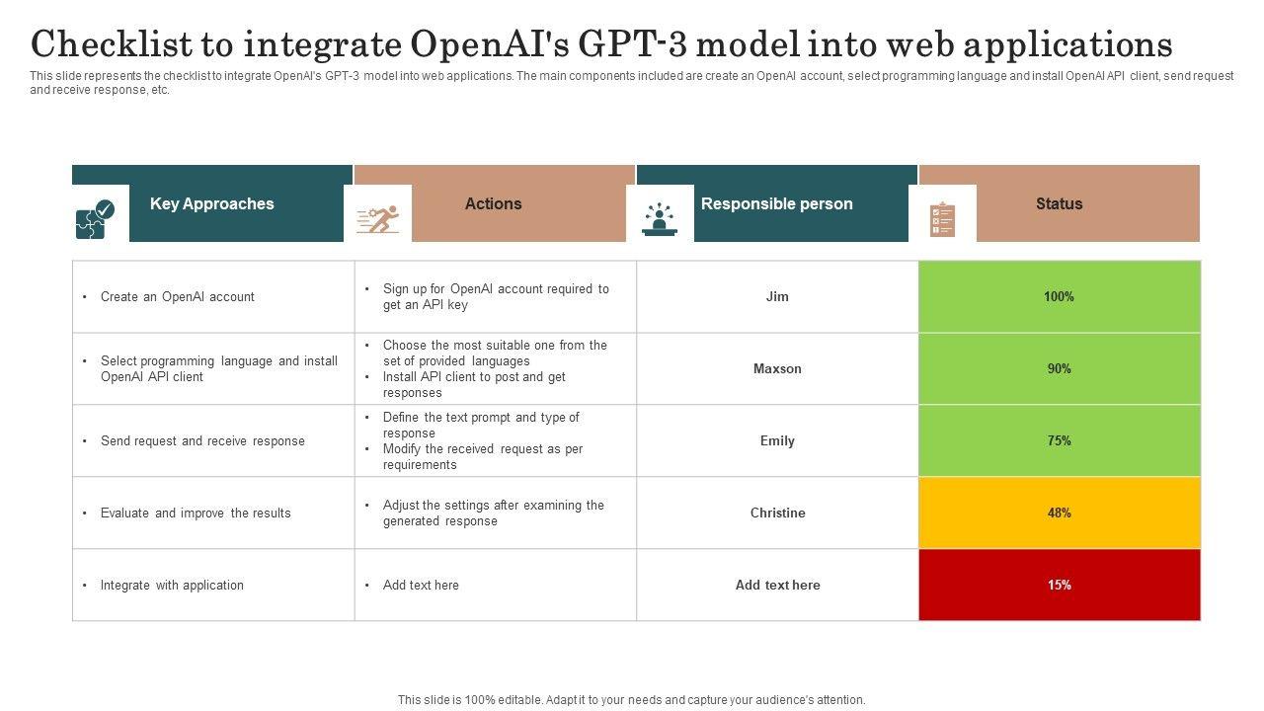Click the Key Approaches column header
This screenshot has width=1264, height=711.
(212, 204)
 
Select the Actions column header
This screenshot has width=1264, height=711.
(494, 204)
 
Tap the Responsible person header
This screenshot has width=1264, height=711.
(776, 204)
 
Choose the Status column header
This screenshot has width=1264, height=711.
(1059, 204)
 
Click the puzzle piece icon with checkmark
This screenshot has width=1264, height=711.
(96, 218)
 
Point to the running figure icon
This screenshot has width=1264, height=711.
(378, 218)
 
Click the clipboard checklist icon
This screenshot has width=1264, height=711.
(943, 218)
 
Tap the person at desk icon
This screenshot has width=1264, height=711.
(660, 218)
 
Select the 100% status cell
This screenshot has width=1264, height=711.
(1060, 296)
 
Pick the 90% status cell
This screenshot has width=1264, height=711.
(1060, 368)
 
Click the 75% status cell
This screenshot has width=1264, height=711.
(1060, 440)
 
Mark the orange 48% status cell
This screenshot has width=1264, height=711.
(1060, 513)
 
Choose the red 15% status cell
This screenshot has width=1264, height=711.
(1060, 585)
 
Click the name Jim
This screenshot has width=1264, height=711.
(777, 296)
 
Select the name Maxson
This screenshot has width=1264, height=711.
(777, 368)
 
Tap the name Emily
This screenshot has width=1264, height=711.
(777, 440)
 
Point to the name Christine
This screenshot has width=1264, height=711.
(777, 513)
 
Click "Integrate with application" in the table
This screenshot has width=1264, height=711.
(172, 585)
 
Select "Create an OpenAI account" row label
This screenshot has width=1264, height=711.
(178, 296)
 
